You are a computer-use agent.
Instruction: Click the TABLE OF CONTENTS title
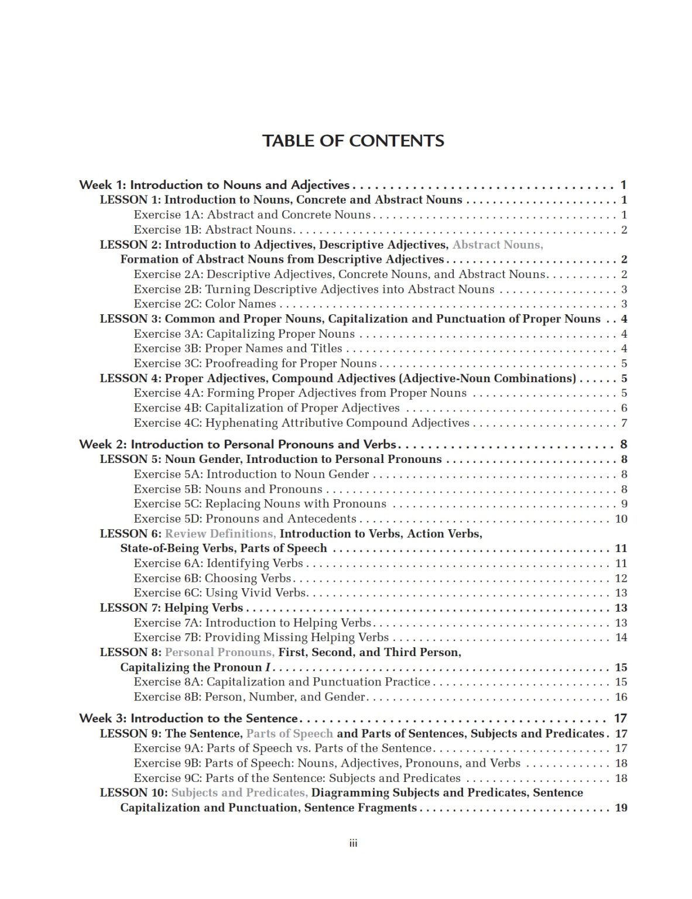click(x=353, y=140)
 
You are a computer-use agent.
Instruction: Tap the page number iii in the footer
click(x=353, y=843)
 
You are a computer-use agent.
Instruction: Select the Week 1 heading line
click(x=214, y=185)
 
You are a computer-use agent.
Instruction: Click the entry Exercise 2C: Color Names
click(x=205, y=304)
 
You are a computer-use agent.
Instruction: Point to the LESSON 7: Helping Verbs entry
click(x=171, y=608)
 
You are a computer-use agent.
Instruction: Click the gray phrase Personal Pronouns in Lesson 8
click(x=220, y=652)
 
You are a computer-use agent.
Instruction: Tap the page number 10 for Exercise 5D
click(x=621, y=519)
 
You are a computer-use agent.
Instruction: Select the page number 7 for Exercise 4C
click(x=624, y=423)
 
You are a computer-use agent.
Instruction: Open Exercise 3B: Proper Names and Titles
click(x=238, y=348)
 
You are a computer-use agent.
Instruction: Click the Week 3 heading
click(x=189, y=718)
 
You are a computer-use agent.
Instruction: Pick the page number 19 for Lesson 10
click(x=621, y=808)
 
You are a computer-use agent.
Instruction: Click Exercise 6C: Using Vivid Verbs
click(x=220, y=592)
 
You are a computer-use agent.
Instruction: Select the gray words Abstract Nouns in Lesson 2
click(x=498, y=245)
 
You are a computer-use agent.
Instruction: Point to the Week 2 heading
click(x=238, y=444)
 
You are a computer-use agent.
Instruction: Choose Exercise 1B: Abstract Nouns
click(x=213, y=229)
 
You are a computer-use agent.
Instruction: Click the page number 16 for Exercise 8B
click(x=621, y=696)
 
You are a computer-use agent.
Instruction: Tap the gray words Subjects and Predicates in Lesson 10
click(x=239, y=792)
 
